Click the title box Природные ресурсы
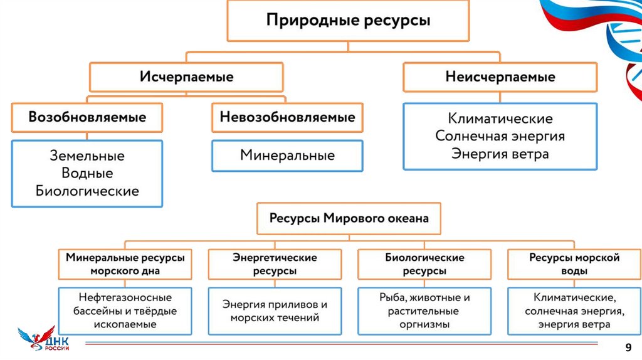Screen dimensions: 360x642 click(x=348, y=21)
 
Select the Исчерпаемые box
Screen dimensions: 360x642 click(x=186, y=77)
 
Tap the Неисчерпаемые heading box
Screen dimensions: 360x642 click(x=500, y=77)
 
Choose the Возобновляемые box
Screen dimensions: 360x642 click(x=87, y=117)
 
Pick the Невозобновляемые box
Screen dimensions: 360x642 click(x=287, y=117)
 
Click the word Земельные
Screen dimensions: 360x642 click(x=87, y=156)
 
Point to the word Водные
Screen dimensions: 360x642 click(x=87, y=173)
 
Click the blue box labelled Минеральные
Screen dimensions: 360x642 click(x=287, y=156)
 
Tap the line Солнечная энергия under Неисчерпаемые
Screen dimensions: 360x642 click(x=500, y=136)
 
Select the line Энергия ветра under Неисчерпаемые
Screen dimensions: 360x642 click(x=500, y=154)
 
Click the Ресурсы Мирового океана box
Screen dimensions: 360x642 click(x=349, y=219)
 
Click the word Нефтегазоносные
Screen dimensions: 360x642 click(x=125, y=297)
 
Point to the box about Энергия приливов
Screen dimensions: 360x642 click(x=275, y=311)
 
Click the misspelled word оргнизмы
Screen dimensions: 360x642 click(x=424, y=324)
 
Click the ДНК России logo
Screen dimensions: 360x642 click(x=44, y=339)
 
